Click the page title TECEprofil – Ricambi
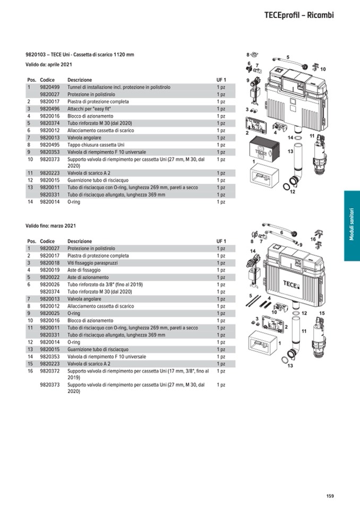pyautogui.click(x=298, y=15)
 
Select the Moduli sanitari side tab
pyautogui.click(x=351, y=226)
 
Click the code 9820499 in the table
pyautogui.click(x=49, y=87)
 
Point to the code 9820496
pyautogui.click(x=49, y=109)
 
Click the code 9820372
pyautogui.click(x=49, y=372)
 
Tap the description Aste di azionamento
pyautogui.click(x=88, y=277)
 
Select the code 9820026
pyautogui.click(x=49, y=284)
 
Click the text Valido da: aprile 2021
pyautogui.click(x=49, y=65)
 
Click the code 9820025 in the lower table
pyautogui.click(x=49, y=313)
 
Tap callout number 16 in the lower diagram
pyautogui.click(x=313, y=239)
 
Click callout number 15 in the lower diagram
pyautogui.click(x=322, y=314)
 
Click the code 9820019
pyautogui.click(x=49, y=270)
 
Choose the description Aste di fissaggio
pyautogui.click(x=84, y=270)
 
